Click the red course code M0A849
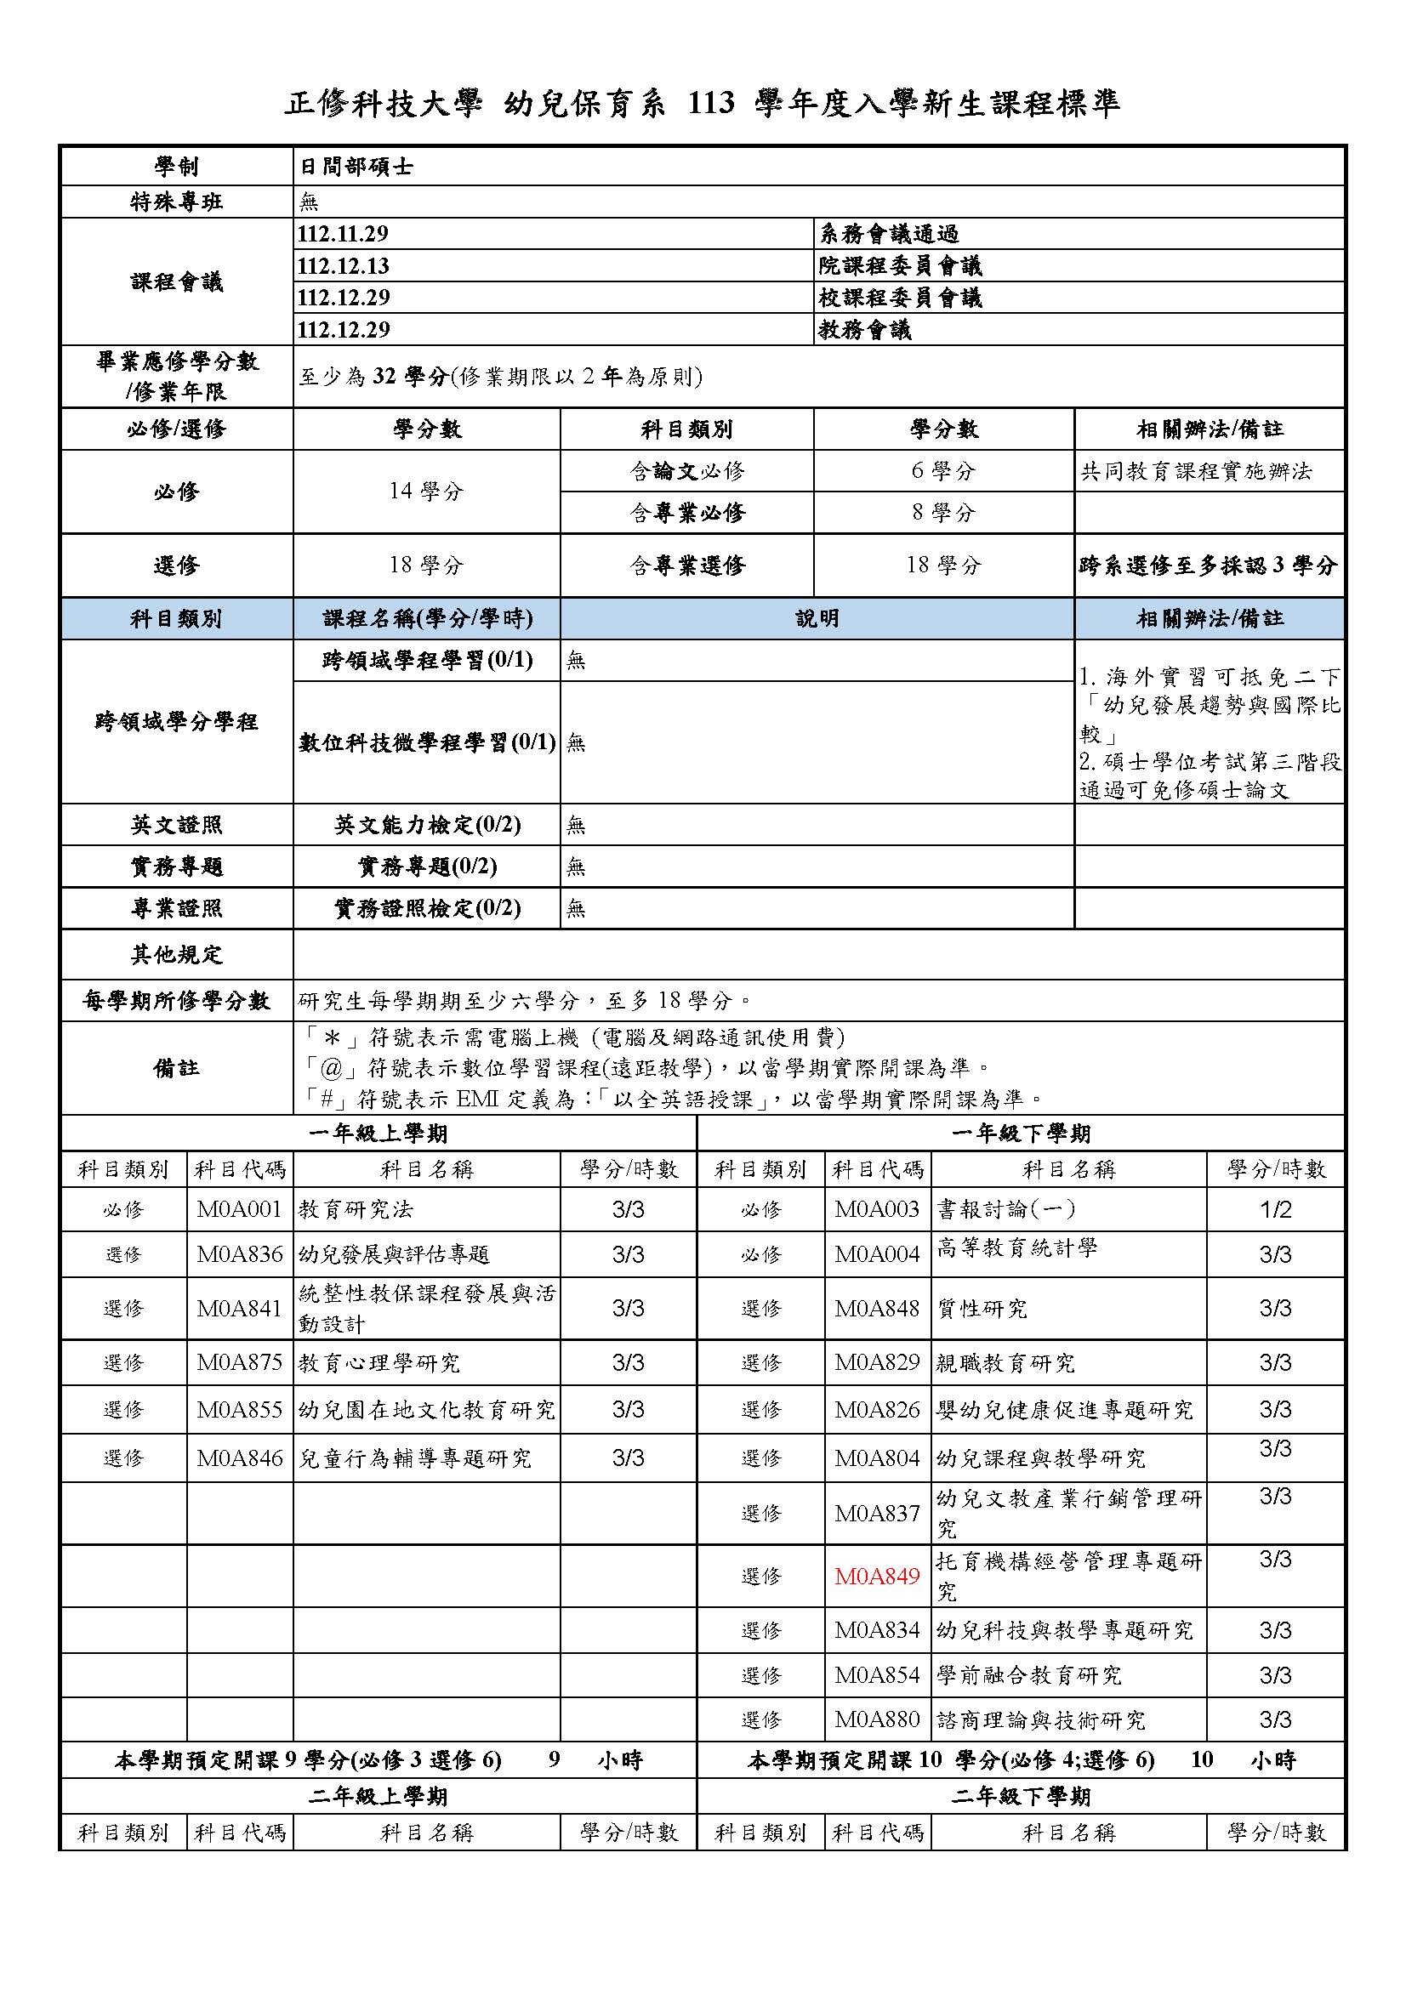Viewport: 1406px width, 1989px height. click(x=877, y=1577)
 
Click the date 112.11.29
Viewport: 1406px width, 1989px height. click(x=343, y=234)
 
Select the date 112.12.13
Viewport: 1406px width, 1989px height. click(x=343, y=266)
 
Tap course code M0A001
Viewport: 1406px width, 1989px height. click(x=239, y=1209)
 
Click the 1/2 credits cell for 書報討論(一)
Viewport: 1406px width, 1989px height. click(x=1275, y=1209)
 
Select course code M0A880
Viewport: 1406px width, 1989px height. click(x=877, y=1719)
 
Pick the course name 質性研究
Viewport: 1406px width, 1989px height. click(x=982, y=1308)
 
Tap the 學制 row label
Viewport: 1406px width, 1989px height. click(x=177, y=167)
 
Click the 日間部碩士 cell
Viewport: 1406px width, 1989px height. click(x=356, y=167)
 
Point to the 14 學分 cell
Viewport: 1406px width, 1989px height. click(x=426, y=492)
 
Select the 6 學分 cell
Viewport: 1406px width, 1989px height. click(x=943, y=471)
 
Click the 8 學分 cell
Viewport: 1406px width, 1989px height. click(x=943, y=513)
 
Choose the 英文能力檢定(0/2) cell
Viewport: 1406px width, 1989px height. click(x=427, y=825)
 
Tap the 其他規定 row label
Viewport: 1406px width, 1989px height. click(x=177, y=955)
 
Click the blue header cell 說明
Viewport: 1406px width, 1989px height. click(x=817, y=618)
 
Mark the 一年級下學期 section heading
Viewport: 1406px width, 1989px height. click(x=1021, y=1133)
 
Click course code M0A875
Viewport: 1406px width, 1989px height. click(x=239, y=1362)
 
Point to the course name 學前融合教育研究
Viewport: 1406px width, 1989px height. click(x=1029, y=1675)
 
